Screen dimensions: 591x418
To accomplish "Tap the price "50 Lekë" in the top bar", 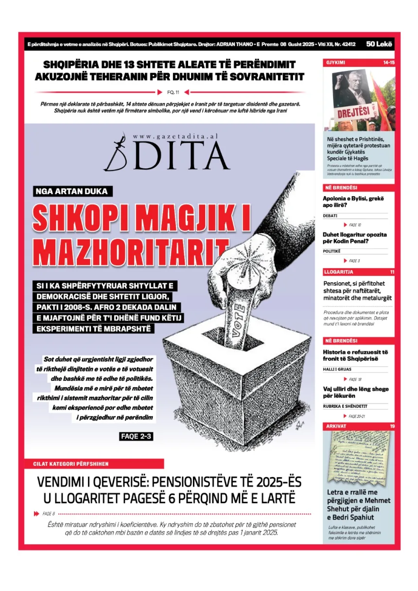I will [x=380, y=44].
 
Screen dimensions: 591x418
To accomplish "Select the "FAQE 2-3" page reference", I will [x=136, y=436].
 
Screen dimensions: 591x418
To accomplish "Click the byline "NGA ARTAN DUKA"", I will [x=71, y=191].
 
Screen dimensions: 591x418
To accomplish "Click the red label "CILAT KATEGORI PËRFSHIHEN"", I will [x=71, y=464].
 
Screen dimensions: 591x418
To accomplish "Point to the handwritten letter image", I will [x=359, y=456].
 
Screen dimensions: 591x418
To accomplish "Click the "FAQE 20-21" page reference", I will [x=357, y=416].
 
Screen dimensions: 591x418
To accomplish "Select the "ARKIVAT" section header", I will [x=335, y=426].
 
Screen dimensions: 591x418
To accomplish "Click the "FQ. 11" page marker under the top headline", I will [x=174, y=92].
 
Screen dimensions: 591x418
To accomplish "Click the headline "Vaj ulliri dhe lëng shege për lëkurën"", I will [x=356, y=392].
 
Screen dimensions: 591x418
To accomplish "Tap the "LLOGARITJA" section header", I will [x=338, y=272].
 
